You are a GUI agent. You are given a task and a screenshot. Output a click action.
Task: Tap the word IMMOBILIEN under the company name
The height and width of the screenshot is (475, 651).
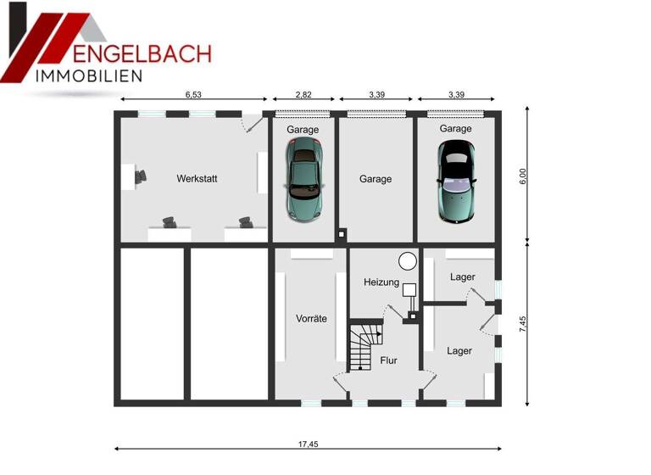click(88, 76)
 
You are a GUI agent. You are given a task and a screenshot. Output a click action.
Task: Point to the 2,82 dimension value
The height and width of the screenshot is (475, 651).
click(303, 95)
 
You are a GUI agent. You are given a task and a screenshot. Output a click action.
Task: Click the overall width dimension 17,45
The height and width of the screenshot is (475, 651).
click(308, 443)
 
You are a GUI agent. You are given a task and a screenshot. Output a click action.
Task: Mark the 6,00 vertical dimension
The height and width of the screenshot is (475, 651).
click(523, 175)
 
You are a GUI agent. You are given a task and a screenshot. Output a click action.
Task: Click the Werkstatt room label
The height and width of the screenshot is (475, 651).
click(197, 179)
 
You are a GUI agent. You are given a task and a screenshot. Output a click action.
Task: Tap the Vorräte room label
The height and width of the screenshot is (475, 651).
click(311, 319)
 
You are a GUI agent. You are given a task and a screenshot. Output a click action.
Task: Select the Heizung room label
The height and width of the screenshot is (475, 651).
click(381, 282)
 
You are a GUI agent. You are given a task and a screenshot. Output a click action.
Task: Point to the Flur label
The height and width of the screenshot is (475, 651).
click(388, 360)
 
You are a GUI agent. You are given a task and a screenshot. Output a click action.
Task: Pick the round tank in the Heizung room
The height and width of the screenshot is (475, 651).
click(408, 260)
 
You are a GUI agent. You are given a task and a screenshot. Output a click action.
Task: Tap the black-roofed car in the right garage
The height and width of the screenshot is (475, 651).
click(456, 180)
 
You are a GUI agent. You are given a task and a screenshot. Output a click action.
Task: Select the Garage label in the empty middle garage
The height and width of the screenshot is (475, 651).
click(376, 180)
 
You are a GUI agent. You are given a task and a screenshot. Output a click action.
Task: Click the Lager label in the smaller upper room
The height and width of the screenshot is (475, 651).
click(462, 277)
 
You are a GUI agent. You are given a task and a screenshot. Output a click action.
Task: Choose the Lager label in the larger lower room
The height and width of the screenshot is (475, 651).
click(459, 350)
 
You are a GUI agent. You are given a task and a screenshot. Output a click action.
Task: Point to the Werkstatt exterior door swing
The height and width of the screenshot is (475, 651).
click(252, 124)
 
